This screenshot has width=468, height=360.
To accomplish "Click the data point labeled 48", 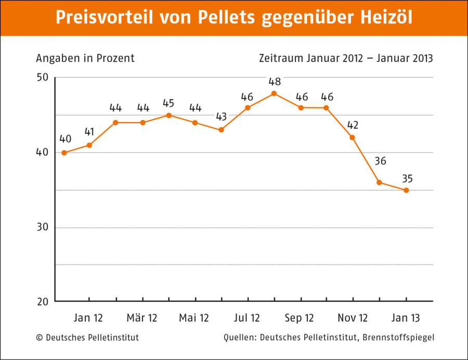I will (x=274, y=94).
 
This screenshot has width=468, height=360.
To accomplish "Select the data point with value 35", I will (x=406, y=190).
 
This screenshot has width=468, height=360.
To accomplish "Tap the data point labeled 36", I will (x=380, y=182).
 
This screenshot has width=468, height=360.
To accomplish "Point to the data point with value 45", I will (x=169, y=115).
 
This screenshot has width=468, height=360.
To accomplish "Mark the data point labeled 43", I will (x=221, y=130).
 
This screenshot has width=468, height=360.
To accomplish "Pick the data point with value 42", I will (x=353, y=138).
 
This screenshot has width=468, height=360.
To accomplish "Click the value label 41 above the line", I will (x=89, y=131).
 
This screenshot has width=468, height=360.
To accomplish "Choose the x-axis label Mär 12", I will (x=142, y=318).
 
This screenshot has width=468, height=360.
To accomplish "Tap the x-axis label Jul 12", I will (x=247, y=318).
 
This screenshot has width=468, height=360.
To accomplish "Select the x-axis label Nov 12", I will (x=353, y=318).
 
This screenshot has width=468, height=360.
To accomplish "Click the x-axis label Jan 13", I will (x=406, y=318).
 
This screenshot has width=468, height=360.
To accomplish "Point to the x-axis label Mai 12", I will (x=194, y=318).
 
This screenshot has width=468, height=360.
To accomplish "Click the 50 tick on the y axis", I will (x=42, y=77).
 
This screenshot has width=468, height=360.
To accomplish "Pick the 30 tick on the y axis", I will (x=42, y=228).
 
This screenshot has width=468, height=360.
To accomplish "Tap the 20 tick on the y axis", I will (x=42, y=301).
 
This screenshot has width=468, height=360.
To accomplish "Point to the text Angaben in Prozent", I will (x=85, y=58).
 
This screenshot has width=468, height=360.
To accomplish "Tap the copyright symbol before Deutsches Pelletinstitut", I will (x=40, y=338).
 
